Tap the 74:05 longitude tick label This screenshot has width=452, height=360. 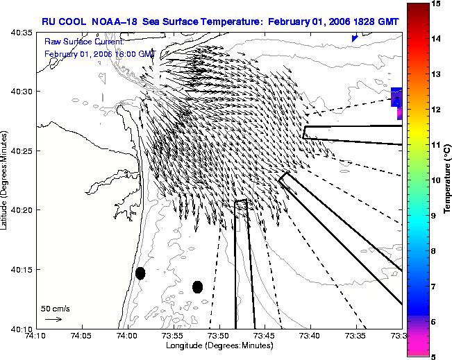[83, 336]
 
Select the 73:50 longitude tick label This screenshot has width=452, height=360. [219, 336]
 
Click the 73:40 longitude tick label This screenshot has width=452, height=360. [311, 336]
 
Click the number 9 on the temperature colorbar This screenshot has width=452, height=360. [433, 216]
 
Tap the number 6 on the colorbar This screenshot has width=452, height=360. [433, 322]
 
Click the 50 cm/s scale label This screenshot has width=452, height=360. [56, 309]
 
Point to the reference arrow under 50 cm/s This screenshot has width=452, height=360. [53, 319]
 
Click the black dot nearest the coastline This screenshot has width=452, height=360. [140, 273]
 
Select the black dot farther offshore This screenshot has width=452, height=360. [197, 287]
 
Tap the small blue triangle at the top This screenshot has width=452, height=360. [355, 39]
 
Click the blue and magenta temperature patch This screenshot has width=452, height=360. [396, 103]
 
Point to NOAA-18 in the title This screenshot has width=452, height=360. [114, 22]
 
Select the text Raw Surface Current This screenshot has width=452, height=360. [84, 42]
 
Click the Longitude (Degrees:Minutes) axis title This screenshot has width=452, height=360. [219, 345]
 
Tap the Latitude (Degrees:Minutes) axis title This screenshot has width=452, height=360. [4, 180]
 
